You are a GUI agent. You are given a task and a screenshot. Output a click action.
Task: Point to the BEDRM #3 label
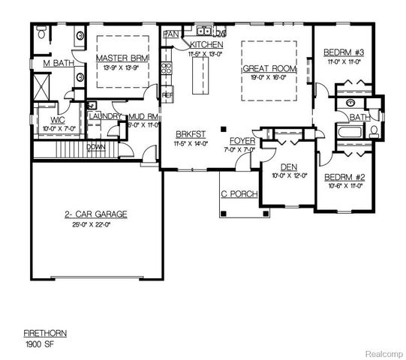click(x=344, y=52)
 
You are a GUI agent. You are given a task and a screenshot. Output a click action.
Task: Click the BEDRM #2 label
click(x=344, y=178)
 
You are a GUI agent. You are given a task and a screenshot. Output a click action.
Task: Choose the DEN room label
click(x=288, y=167)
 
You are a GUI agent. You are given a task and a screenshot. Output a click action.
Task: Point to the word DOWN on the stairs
click(x=96, y=147)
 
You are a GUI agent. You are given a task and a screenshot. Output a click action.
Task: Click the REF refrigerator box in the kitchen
click(x=167, y=96)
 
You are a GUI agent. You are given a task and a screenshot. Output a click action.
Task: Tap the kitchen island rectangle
click(x=199, y=76)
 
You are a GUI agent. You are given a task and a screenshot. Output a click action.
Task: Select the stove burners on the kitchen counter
click(x=167, y=70)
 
